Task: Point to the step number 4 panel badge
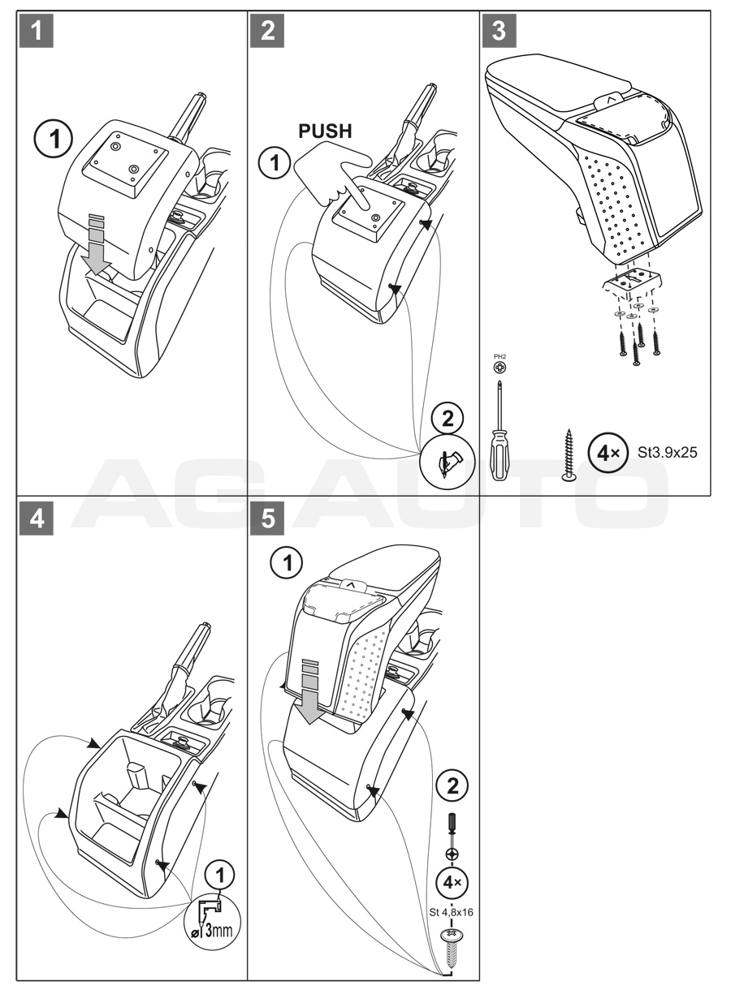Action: pos(33,519)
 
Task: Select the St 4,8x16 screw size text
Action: pos(452,912)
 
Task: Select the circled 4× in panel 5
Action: pos(452,883)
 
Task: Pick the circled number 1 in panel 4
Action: pos(220,874)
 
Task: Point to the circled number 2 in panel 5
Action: pos(452,785)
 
